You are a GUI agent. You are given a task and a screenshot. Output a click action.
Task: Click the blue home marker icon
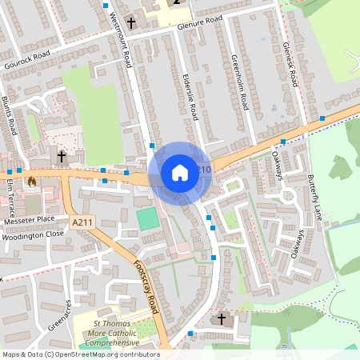pyautogui.click(x=180, y=172)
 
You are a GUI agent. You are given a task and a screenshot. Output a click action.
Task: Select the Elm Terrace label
pyautogui.click(x=11, y=194)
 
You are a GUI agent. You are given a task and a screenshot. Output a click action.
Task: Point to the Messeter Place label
pyautogui.click(x=29, y=218)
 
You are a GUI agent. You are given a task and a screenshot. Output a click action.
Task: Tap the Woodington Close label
pyautogui.click(x=32, y=234)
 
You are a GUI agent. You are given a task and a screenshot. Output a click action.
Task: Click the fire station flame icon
pyautogui.click(x=31, y=182)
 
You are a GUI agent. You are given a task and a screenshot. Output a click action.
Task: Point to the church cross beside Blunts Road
pyautogui.click(x=62, y=157)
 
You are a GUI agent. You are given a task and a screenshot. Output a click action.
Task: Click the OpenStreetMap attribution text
pyautogui.click(x=81, y=354)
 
